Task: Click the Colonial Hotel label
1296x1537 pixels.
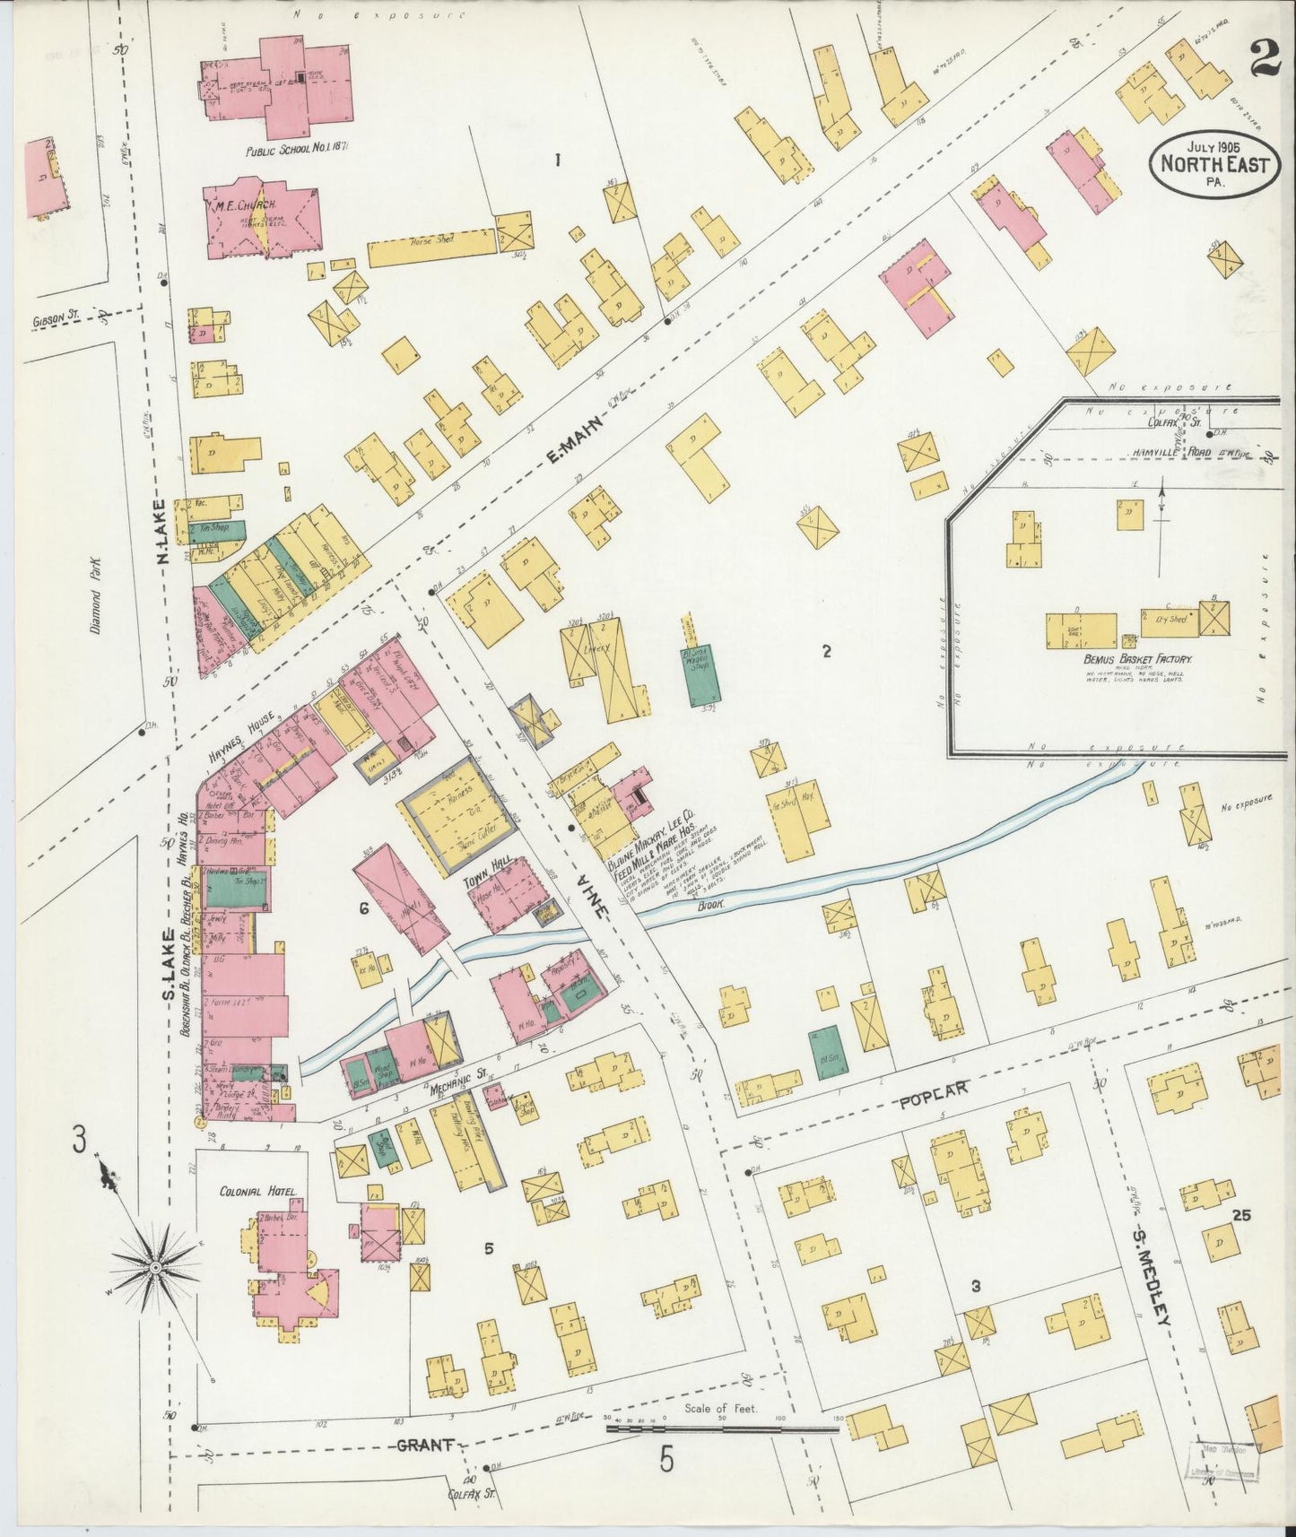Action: pyautogui.click(x=257, y=1192)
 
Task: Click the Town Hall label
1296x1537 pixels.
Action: pyautogui.click(x=487, y=861)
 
